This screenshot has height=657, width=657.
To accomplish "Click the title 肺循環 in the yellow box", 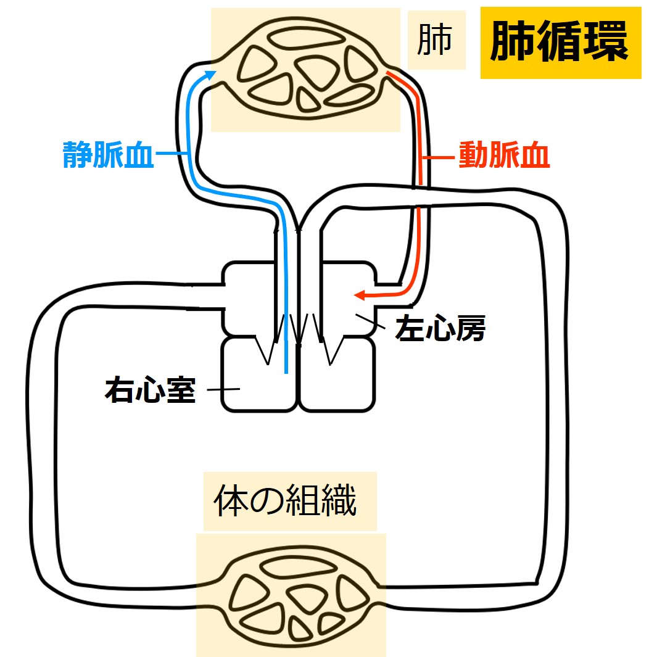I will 560,43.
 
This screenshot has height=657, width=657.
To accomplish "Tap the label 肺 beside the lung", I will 435,40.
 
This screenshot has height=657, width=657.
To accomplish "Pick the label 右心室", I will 150,390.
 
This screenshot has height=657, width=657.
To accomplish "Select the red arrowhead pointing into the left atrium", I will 358,296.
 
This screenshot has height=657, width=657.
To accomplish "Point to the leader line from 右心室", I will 223,390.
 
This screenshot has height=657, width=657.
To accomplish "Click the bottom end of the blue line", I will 286,372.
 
